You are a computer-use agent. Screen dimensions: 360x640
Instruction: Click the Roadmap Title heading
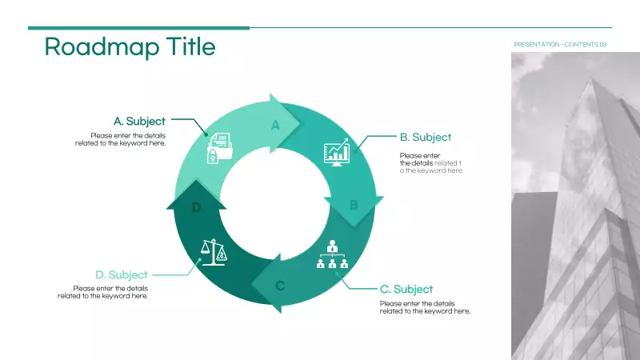(x=130, y=47)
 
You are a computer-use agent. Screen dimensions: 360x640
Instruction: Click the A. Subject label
(x=139, y=122)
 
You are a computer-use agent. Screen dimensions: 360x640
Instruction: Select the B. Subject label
(x=426, y=138)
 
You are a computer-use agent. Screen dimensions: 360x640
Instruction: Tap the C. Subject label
(x=406, y=290)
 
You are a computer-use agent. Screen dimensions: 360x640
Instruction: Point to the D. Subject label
(x=122, y=275)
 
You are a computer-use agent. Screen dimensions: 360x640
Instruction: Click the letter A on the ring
(x=276, y=126)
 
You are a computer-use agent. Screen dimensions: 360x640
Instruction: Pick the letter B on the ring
(x=354, y=206)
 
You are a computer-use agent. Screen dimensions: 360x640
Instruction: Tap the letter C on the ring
(x=280, y=286)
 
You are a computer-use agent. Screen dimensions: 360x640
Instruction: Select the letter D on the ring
(x=196, y=208)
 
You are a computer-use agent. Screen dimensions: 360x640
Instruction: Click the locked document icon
(x=218, y=148)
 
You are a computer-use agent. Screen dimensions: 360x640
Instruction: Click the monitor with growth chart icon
(x=336, y=152)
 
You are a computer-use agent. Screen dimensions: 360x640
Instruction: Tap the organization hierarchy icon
(x=332, y=254)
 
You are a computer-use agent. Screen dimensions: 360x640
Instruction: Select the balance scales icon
(x=212, y=252)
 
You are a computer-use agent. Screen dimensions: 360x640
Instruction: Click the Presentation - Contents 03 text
(x=560, y=44)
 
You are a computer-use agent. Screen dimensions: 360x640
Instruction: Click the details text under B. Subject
(x=431, y=163)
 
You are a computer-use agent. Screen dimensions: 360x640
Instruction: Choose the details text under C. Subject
(x=425, y=307)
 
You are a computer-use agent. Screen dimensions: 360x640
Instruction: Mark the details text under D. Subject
(x=103, y=292)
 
